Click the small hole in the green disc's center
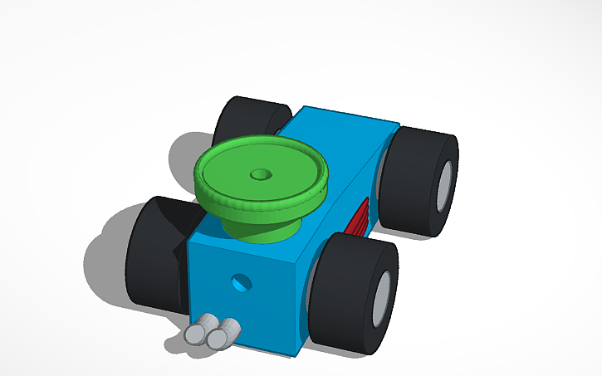[x=261, y=176]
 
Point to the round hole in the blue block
[x=241, y=282]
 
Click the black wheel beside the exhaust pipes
[x=154, y=253]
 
